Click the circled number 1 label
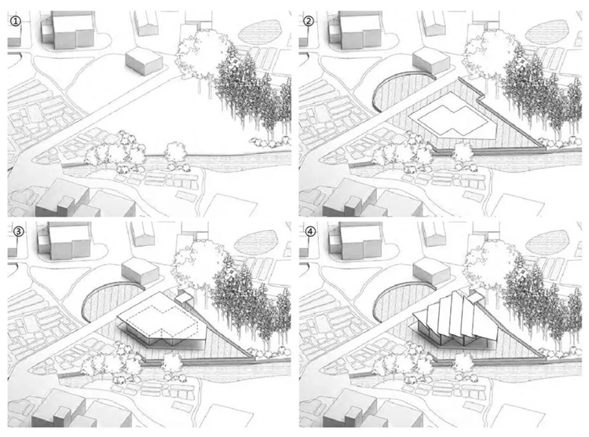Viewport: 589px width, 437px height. tap(16, 21)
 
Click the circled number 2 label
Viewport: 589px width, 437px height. tap(309, 21)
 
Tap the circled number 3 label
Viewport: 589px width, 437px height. tap(18, 231)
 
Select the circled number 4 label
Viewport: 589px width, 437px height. tap(310, 231)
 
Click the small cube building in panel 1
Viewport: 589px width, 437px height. tap(145, 61)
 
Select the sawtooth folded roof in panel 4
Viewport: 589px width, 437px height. tap(455, 317)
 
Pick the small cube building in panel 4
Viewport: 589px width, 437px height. tap(431, 272)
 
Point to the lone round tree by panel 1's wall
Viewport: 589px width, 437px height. tap(176, 153)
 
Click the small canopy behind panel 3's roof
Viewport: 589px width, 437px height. tap(185, 298)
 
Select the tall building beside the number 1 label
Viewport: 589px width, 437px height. tap(74, 30)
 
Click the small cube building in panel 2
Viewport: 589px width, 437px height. tap(431, 61)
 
